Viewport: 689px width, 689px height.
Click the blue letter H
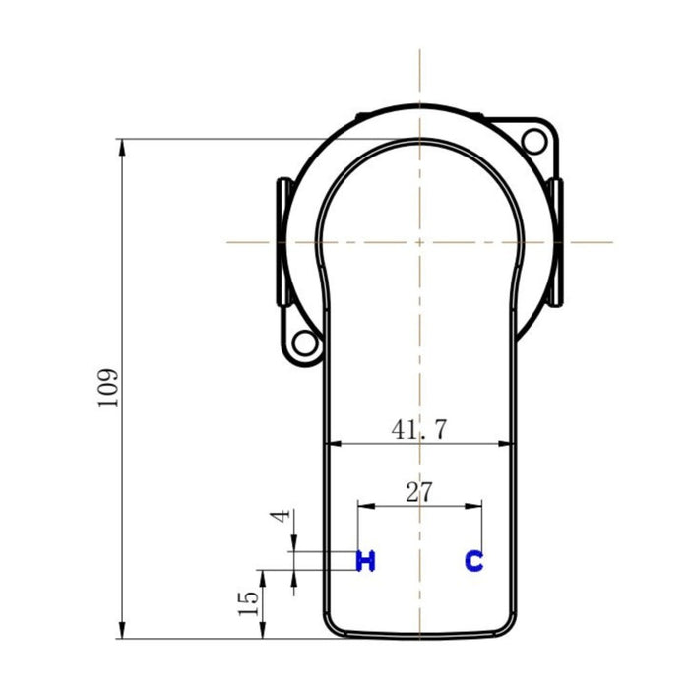[365, 561]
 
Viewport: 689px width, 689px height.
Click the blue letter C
[474, 561]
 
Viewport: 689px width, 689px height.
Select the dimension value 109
[109, 388]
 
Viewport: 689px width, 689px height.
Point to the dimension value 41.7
[420, 429]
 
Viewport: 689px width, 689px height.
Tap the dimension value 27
[419, 492]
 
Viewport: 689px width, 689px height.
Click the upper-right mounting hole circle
[534, 140]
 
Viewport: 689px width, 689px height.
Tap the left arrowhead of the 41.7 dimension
[334, 445]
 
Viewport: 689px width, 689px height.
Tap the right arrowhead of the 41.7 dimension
[508, 445]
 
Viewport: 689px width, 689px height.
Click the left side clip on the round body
[282, 242]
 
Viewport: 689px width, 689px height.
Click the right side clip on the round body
[555, 242]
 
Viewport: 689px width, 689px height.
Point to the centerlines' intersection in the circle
[420, 241]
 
